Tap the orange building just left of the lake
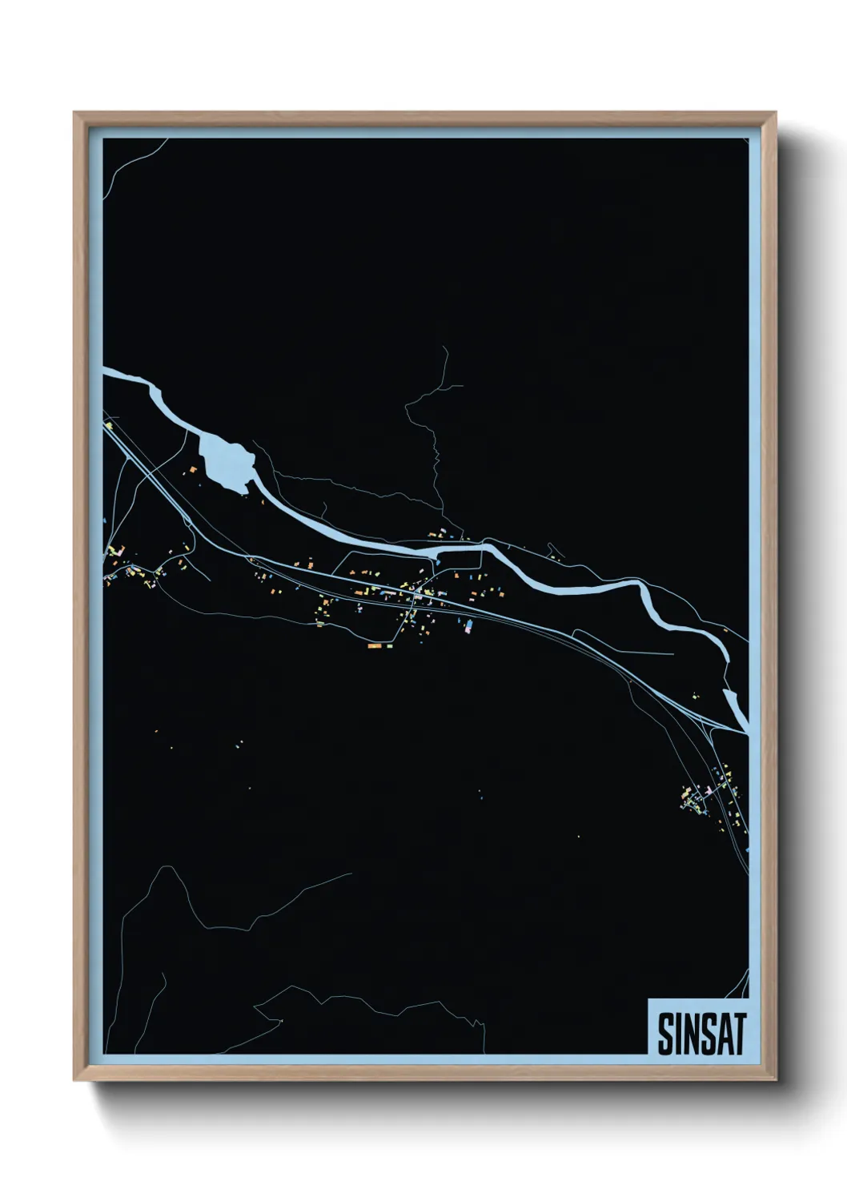pos(193,469)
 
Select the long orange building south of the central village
pos(375,645)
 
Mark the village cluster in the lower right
pos(711,793)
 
